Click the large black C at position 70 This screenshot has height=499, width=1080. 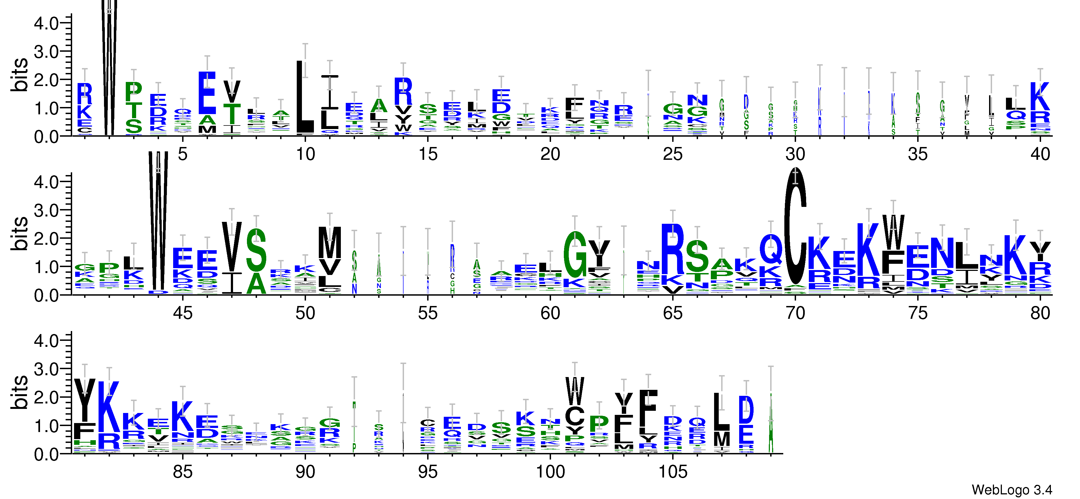(x=795, y=226)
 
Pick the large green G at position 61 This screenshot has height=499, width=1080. (x=575, y=254)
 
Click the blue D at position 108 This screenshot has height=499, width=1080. (x=746, y=410)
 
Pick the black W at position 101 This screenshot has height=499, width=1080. (x=574, y=391)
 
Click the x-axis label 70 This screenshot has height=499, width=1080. (x=795, y=313)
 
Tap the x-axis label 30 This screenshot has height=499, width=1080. (x=795, y=154)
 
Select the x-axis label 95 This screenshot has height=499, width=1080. (x=428, y=472)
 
